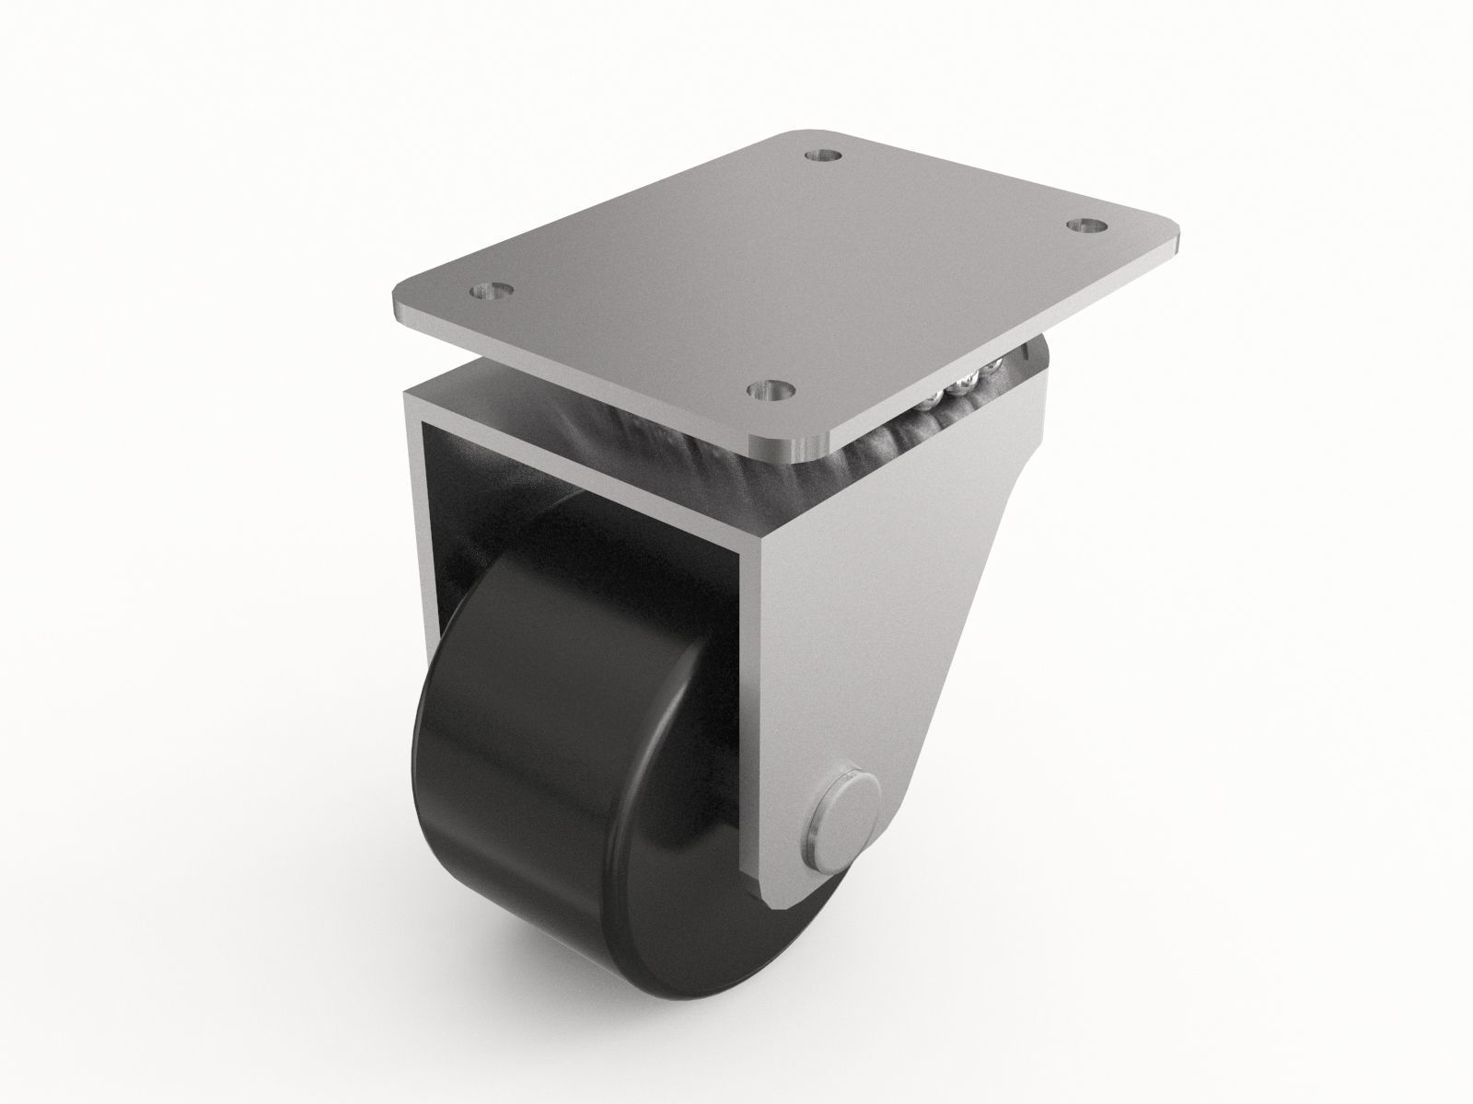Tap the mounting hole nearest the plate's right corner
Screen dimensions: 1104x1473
click(1089, 225)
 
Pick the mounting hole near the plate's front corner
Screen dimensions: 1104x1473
click(771, 390)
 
